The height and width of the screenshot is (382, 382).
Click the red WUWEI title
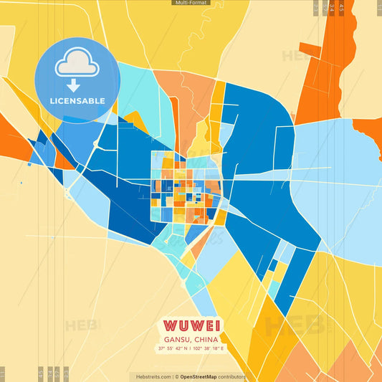click(191, 325)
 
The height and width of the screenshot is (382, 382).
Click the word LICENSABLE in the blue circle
click(77, 100)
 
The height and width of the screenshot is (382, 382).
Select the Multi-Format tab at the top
click(191, 3)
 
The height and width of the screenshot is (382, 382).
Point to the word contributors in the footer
click(231, 376)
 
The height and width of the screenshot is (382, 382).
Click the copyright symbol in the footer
click(176, 376)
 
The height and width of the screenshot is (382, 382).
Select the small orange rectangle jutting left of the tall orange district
click(310, 50)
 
